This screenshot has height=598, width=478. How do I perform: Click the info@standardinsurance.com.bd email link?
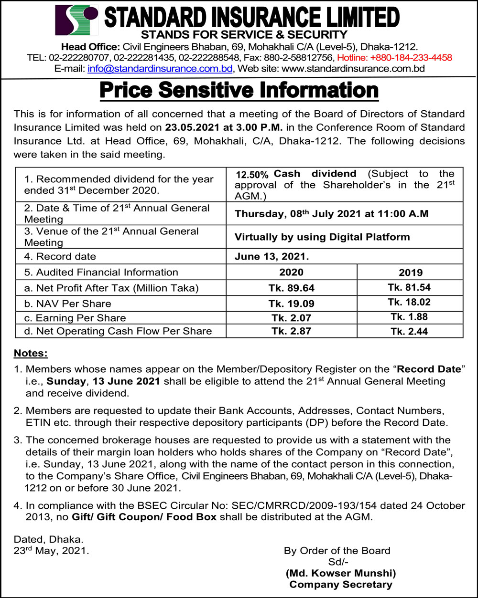(160, 68)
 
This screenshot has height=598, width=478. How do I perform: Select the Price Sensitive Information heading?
(239, 91)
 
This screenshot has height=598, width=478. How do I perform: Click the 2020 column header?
(291, 272)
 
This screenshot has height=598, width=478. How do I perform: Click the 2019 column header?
(410, 273)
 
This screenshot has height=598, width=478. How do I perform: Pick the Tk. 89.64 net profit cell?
(291, 288)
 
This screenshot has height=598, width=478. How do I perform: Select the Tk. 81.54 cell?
(410, 287)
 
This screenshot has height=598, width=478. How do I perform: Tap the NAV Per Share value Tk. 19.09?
(291, 304)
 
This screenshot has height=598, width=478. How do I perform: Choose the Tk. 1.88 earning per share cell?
(410, 317)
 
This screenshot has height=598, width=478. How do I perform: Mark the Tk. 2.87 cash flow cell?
(291, 331)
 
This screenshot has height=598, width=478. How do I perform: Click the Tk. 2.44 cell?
(410, 331)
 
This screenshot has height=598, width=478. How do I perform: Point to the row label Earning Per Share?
(75, 318)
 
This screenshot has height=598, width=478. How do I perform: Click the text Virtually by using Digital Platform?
(323, 237)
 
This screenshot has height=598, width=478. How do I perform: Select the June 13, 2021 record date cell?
(272, 256)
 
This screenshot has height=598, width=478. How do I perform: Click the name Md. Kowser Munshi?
(340, 573)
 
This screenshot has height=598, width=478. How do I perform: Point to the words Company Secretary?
(340, 584)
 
